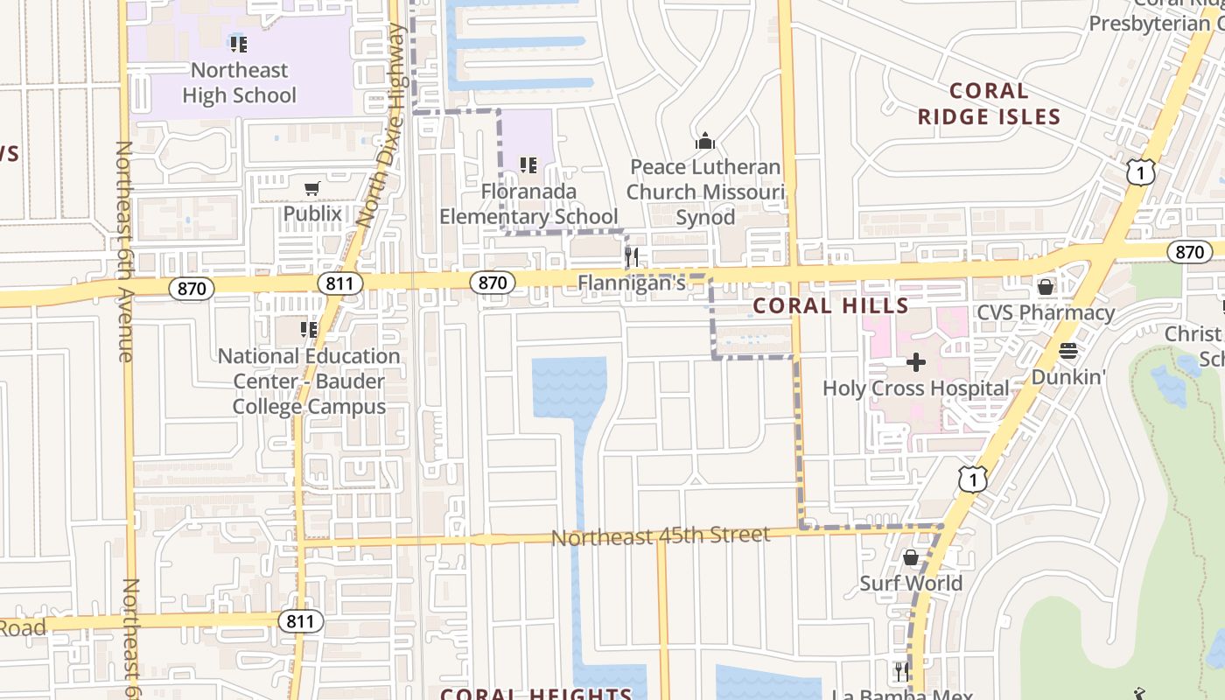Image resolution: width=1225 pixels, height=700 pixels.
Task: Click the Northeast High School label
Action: pyautogui.click(x=239, y=83)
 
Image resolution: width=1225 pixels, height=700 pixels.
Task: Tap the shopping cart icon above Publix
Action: pyautogui.click(x=311, y=188)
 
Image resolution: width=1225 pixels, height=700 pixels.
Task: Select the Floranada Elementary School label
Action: pyautogui.click(x=528, y=204)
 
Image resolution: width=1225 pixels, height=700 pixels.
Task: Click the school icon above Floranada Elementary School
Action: pyautogui.click(x=528, y=164)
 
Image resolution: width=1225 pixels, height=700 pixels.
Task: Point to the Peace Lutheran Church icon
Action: pyautogui.click(x=705, y=141)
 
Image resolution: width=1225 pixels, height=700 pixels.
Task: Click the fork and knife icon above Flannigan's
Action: pyautogui.click(x=631, y=256)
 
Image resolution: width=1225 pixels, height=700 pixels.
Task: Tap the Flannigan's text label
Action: pyautogui.click(x=630, y=283)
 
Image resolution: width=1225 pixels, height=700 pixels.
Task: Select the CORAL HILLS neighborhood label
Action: pyautogui.click(x=830, y=305)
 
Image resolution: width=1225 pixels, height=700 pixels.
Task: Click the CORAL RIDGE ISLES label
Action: pyautogui.click(x=989, y=104)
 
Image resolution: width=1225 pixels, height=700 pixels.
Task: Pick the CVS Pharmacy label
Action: pyautogui.click(x=1045, y=312)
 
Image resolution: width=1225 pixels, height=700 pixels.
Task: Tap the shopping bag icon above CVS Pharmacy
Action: pyautogui.click(x=1045, y=287)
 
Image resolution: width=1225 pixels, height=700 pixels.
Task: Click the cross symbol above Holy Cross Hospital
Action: pyautogui.click(x=916, y=362)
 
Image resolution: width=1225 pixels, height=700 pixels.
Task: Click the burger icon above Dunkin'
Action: pyautogui.click(x=1067, y=352)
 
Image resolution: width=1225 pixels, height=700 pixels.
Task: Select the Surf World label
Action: pyautogui.click(x=910, y=583)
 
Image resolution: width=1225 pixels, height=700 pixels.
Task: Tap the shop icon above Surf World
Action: pyautogui.click(x=910, y=557)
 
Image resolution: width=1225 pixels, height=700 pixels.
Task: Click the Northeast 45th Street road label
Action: pyautogui.click(x=661, y=535)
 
